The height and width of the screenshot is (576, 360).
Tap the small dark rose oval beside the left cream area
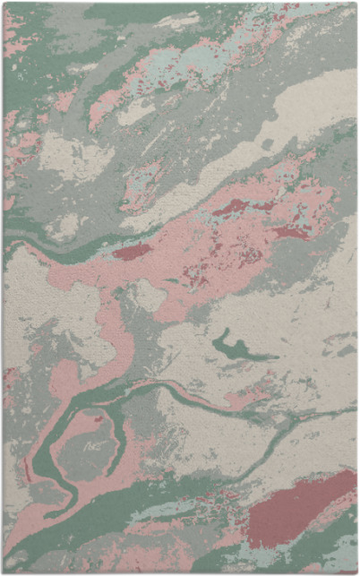point(132,252)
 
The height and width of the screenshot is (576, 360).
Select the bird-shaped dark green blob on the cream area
point(235,348)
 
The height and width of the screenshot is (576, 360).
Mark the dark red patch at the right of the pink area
point(291,232)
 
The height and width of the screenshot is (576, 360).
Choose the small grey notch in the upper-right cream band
point(266,143)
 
